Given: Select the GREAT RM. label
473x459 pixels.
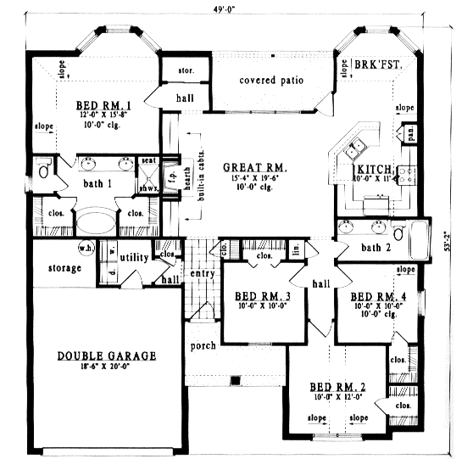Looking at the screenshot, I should [x=248, y=167].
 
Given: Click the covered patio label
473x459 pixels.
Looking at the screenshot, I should [x=271, y=81].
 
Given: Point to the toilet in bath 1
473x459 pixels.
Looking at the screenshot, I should [x=44, y=172].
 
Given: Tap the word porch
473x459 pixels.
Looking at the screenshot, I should [x=203, y=345].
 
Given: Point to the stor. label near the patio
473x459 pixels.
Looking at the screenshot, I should [x=186, y=70].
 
